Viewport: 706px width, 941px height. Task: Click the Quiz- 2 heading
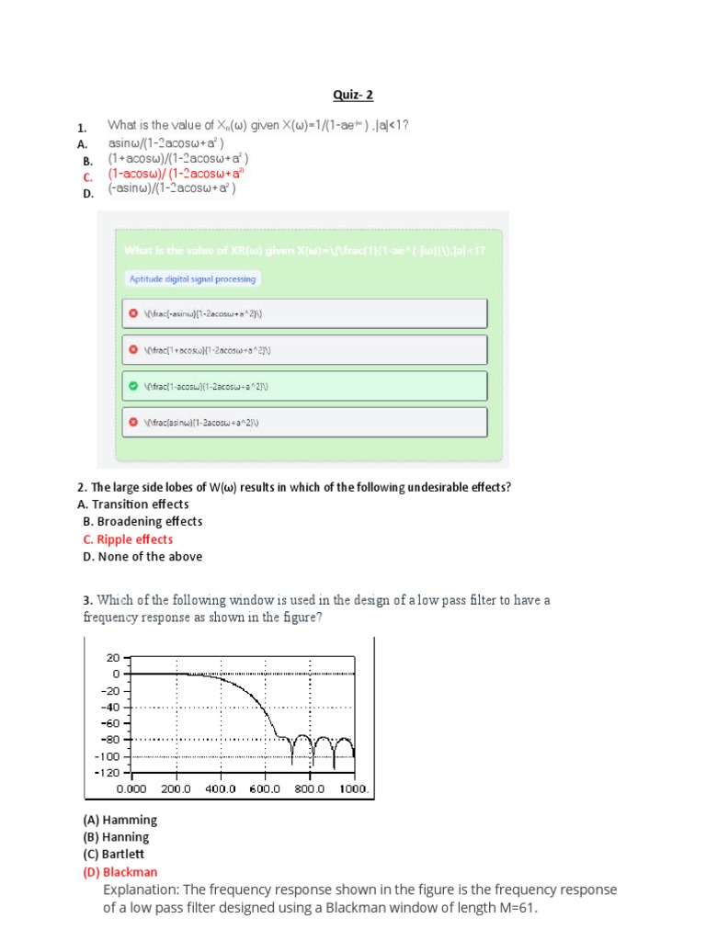[353, 95]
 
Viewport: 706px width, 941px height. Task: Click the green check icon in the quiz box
[133, 386]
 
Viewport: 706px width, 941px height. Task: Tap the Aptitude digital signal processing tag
[192, 278]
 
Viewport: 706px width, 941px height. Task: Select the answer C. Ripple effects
[128, 539]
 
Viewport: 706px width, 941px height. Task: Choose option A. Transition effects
[133, 505]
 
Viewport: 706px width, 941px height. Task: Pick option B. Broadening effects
[142, 522]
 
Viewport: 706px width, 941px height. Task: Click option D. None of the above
[142, 557]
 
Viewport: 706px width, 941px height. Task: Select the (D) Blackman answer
[120, 872]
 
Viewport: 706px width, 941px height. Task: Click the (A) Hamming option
[120, 820]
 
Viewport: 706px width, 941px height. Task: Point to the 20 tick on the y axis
[113, 658]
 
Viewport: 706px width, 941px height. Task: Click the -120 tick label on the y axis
[108, 772]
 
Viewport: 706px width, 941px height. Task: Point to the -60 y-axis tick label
[109, 723]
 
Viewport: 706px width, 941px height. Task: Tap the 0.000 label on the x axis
[131, 788]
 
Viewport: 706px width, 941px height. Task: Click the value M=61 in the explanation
[515, 908]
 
